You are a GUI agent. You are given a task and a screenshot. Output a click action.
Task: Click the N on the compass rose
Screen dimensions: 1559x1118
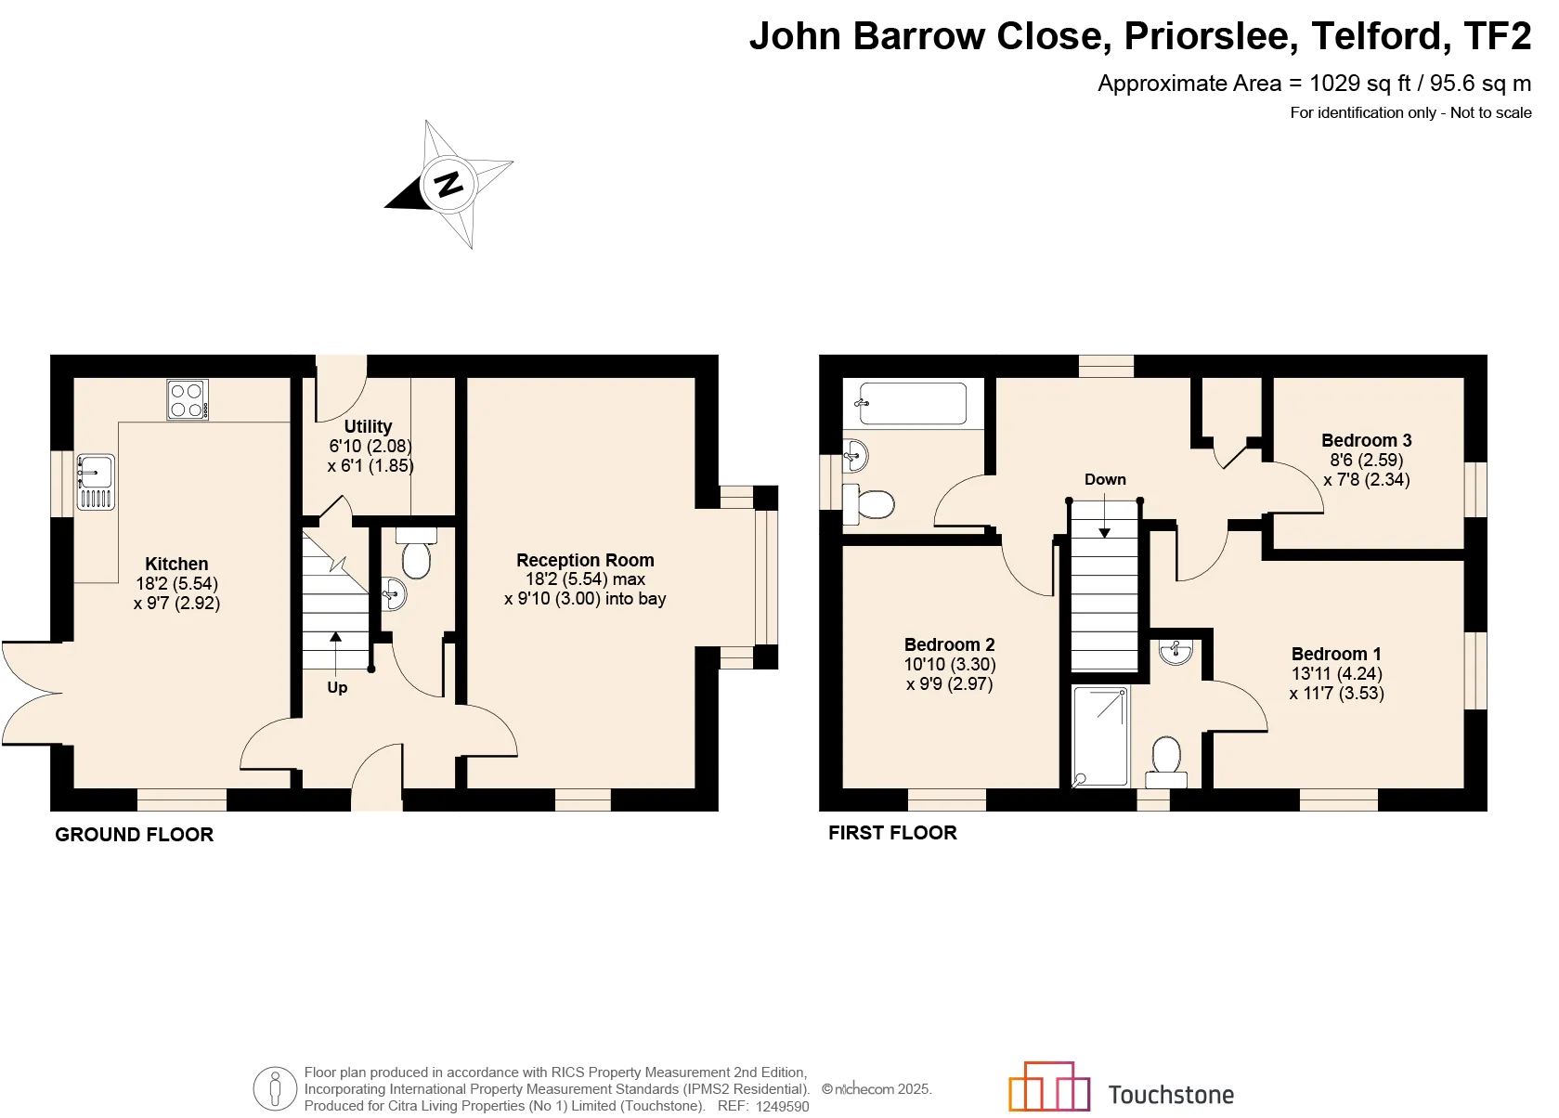tap(448, 185)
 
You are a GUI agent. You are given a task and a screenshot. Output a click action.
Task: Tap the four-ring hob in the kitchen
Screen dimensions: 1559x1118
tap(188, 399)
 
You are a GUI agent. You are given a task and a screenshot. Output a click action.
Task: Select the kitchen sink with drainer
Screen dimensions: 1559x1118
tap(96, 482)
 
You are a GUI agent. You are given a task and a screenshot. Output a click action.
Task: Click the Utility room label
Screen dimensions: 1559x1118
tap(369, 427)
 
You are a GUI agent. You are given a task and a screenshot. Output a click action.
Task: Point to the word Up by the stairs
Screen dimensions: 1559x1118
tap(337, 688)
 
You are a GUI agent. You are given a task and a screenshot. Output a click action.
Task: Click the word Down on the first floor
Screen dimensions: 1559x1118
tap(1105, 480)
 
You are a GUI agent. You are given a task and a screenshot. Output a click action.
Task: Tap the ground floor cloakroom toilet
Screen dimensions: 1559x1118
tap(416, 553)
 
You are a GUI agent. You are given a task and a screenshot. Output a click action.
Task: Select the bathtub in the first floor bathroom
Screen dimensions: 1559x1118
tap(913, 403)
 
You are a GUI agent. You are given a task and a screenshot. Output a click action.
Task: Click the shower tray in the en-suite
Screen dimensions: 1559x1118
tap(1100, 736)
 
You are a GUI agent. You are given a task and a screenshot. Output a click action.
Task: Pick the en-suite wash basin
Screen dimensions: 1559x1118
tap(1176, 652)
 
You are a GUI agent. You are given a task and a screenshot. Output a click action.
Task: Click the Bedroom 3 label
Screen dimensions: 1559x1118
tap(1366, 441)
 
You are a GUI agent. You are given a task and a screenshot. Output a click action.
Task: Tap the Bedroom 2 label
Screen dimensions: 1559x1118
tap(949, 644)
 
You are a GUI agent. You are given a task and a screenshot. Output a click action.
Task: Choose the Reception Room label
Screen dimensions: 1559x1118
tap(585, 560)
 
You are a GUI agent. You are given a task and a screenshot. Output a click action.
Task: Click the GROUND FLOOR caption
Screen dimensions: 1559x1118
tap(135, 835)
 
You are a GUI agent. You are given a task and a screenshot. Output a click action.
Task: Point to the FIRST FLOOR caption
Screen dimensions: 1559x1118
tap(893, 833)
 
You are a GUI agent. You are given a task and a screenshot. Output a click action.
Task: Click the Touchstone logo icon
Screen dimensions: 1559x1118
tap(1049, 1086)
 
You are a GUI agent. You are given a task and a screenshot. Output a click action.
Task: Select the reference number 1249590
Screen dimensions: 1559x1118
tap(782, 1107)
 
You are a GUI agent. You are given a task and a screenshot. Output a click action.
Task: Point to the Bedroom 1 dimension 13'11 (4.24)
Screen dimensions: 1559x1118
tap(1336, 674)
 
